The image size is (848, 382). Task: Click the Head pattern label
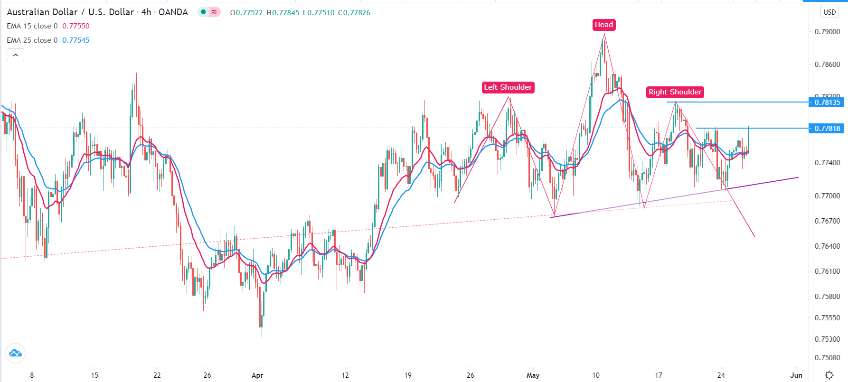pos(604,25)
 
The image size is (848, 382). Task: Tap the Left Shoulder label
pos(508,87)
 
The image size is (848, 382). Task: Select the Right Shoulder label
pos(675,92)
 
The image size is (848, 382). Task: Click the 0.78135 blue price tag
pos(827,102)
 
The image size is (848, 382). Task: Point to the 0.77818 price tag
pos(827,128)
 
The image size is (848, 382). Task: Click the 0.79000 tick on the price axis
pos(827,32)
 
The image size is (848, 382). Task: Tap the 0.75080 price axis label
pos(827,357)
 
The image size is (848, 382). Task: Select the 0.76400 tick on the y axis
pos(827,246)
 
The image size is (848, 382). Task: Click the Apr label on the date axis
pos(257,375)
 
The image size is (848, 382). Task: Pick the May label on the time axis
pos(533,375)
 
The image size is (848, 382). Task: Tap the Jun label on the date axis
pos(796,375)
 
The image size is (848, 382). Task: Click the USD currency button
pos(829,12)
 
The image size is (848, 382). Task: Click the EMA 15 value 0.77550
pos(76,26)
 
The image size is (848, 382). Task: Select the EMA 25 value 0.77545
pos(76,40)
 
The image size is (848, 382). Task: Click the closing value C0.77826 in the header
pos(354,12)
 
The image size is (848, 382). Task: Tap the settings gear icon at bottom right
pos(829,375)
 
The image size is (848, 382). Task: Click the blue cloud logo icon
pos(15,353)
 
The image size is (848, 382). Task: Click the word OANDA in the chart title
pos(173,12)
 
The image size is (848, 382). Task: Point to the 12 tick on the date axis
pos(345,375)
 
